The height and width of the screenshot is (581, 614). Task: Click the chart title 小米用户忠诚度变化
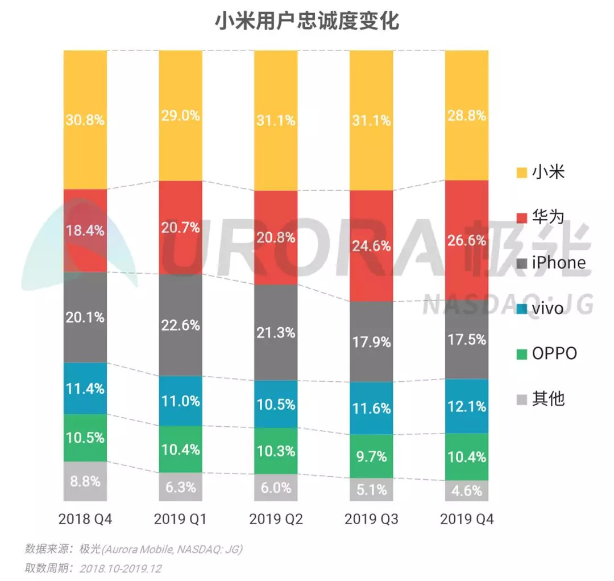pyautogui.click(x=307, y=22)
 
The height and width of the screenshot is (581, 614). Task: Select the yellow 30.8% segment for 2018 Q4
pyautogui.click(x=85, y=120)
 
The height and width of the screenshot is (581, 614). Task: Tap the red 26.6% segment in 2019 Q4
pyautogui.click(x=467, y=240)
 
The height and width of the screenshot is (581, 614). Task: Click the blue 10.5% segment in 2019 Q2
pyautogui.click(x=276, y=404)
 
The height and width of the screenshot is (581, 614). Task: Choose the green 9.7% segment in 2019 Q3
pyautogui.click(x=371, y=456)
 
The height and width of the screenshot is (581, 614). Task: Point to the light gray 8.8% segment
pyautogui.click(x=85, y=481)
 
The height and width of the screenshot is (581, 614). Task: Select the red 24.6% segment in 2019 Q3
pyautogui.click(x=371, y=246)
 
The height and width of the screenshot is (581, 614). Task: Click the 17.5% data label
pyautogui.click(x=467, y=339)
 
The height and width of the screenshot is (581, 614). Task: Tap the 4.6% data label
pyautogui.click(x=467, y=491)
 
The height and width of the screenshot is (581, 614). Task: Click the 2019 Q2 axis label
pyautogui.click(x=276, y=520)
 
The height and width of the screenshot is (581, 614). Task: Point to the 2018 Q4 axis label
pyautogui.click(x=85, y=520)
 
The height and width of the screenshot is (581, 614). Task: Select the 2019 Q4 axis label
pyautogui.click(x=467, y=520)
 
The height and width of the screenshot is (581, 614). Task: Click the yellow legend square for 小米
pyautogui.click(x=520, y=172)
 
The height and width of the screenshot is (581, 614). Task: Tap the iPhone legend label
pyautogui.click(x=558, y=262)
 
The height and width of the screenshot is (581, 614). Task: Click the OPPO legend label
pyautogui.click(x=554, y=353)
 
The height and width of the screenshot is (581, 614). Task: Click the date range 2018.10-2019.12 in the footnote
pyautogui.click(x=121, y=568)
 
